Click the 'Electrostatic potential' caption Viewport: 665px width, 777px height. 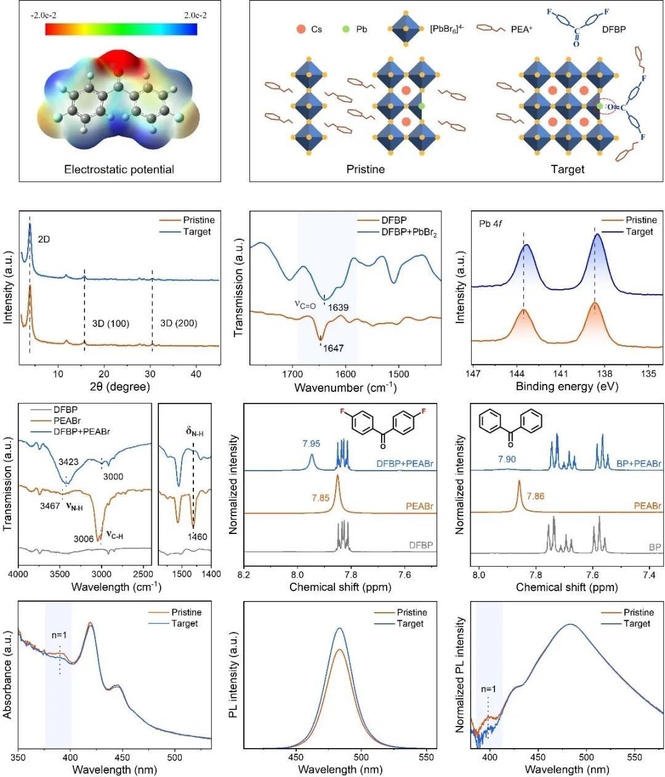(119, 169)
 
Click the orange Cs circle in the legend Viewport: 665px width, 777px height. (300, 28)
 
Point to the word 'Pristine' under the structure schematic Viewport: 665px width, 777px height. (365, 169)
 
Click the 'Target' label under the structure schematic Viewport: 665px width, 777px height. (567, 169)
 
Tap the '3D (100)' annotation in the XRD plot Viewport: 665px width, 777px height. (106, 323)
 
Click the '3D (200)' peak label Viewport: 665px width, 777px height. (179, 323)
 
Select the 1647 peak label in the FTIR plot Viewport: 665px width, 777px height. (332, 348)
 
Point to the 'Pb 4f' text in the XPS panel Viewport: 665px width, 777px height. (491, 220)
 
